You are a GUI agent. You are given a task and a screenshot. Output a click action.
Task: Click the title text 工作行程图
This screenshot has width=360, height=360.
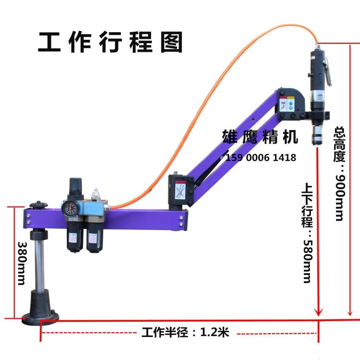(x=110, y=42)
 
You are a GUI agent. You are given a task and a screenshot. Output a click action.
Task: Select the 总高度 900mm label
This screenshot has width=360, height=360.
(x=339, y=173)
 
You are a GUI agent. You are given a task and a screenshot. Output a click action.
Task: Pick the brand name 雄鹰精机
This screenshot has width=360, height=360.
(x=261, y=136)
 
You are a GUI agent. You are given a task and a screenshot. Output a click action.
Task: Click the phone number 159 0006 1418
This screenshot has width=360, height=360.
(x=261, y=157)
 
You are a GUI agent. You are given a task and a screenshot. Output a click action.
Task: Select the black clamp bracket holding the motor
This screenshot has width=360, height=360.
(x=318, y=115)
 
